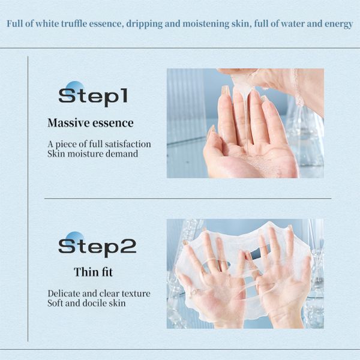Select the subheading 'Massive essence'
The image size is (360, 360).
click(x=90, y=124)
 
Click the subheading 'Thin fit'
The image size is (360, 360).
click(x=93, y=272)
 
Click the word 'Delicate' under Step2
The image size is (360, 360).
click(x=64, y=294)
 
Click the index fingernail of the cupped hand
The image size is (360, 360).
click(x=226, y=91)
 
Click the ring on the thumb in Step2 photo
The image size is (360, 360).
click(x=194, y=292)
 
